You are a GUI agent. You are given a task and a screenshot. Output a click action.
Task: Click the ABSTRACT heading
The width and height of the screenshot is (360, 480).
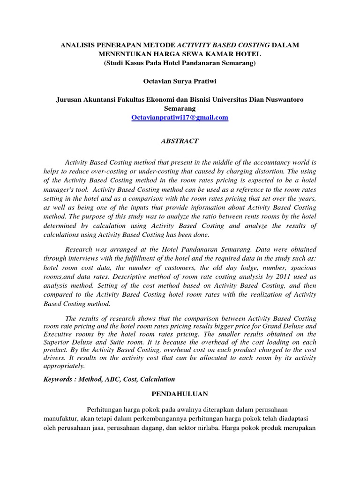pos(180,141)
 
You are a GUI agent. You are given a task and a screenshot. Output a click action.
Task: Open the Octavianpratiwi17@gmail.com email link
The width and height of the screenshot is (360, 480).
pos(180,118)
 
